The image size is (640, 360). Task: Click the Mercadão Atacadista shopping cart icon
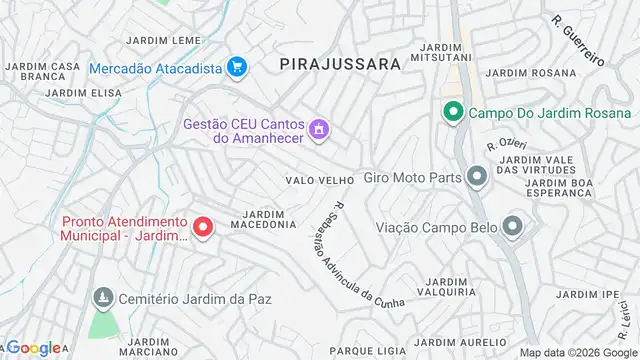(236, 68)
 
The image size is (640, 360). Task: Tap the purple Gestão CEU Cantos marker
(319, 128)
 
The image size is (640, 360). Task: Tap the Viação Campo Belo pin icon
(513, 226)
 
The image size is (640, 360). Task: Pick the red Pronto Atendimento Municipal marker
(202, 228)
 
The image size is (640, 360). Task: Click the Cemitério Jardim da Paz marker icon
(102, 298)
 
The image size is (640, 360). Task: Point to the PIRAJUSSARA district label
(340, 63)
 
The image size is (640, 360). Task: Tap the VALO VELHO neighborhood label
(320, 180)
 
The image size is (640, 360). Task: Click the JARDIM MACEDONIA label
(264, 219)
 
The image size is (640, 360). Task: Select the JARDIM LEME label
(164, 40)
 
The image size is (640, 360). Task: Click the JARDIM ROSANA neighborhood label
(518, 72)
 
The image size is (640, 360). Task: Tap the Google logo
(34, 348)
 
